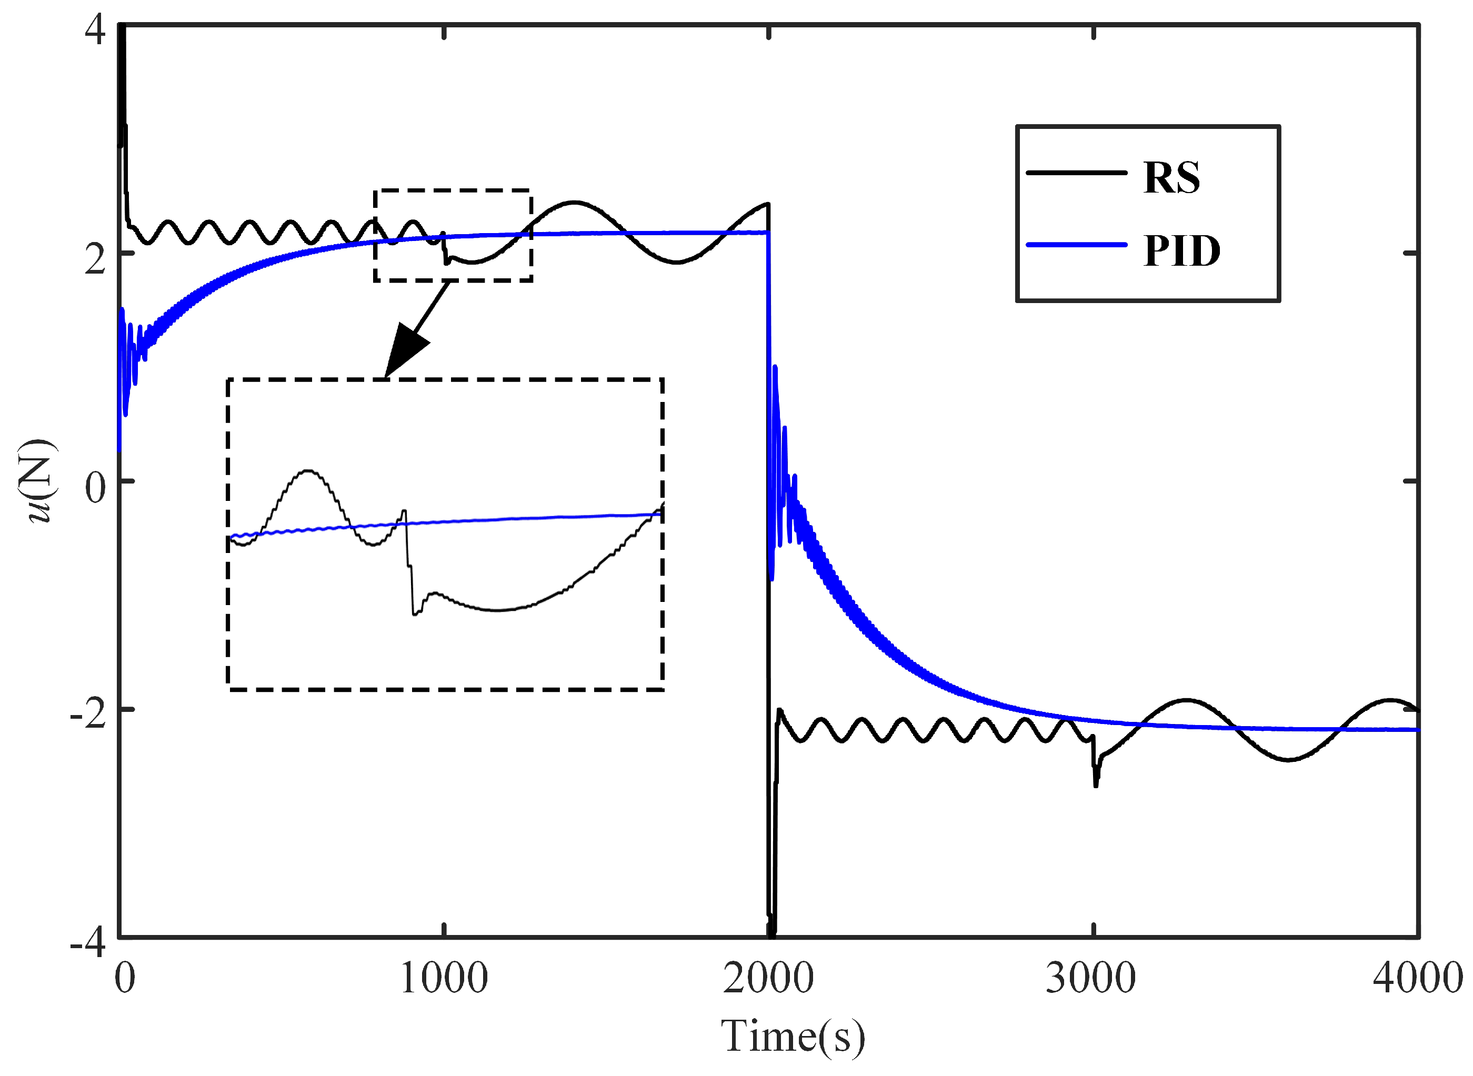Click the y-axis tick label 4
[x=95, y=30]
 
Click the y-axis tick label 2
[x=95, y=259]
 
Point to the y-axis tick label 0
[x=95, y=487]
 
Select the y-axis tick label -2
[x=88, y=715]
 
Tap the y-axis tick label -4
[x=88, y=942]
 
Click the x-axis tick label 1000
[x=444, y=979]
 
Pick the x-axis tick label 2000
[x=768, y=979]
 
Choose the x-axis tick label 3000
[x=1091, y=979]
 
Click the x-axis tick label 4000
[x=1418, y=979]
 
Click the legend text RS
[x=1171, y=177]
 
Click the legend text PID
[x=1181, y=251]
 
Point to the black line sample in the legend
[x=1076, y=173]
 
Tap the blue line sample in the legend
[x=1076, y=245]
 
